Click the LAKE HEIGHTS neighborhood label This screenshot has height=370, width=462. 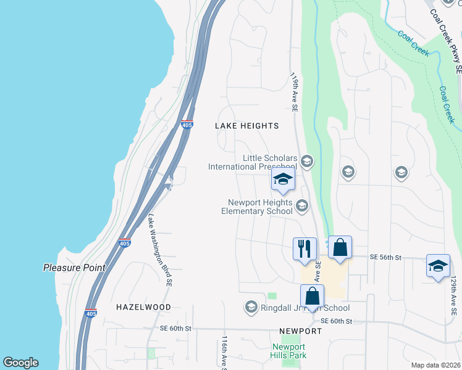246,126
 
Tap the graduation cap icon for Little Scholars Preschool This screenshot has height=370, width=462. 307,162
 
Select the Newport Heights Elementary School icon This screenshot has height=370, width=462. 302,206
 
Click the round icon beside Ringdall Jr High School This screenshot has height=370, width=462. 251,306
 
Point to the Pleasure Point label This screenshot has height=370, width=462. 74,268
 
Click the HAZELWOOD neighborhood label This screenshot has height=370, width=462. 143,306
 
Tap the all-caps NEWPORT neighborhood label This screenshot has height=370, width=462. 300,331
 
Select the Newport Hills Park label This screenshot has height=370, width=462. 289,350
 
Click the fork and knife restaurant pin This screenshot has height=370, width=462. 304,249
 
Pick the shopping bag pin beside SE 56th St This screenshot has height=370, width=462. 340,247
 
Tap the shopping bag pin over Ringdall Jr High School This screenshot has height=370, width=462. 313,296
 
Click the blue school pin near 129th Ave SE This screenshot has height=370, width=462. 439,266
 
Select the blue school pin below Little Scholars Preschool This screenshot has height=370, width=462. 283,179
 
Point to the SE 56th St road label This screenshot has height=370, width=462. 385,257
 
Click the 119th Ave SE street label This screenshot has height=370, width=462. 295,92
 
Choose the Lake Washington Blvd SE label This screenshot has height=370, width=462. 159,250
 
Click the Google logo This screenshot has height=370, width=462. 20,363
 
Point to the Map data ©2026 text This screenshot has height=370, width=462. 435,365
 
